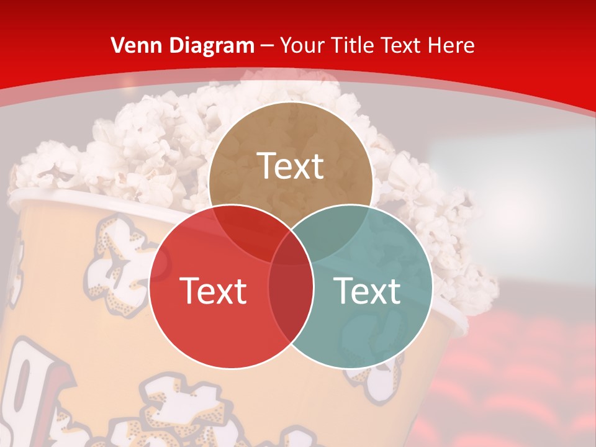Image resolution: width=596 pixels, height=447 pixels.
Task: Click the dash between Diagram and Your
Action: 268,46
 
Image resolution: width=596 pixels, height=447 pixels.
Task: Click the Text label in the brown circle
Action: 291,166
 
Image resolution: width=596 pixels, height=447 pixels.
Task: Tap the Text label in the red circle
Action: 213,291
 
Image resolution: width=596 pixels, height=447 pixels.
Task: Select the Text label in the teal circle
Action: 368,291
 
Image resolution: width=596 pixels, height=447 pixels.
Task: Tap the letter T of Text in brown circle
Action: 266,166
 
